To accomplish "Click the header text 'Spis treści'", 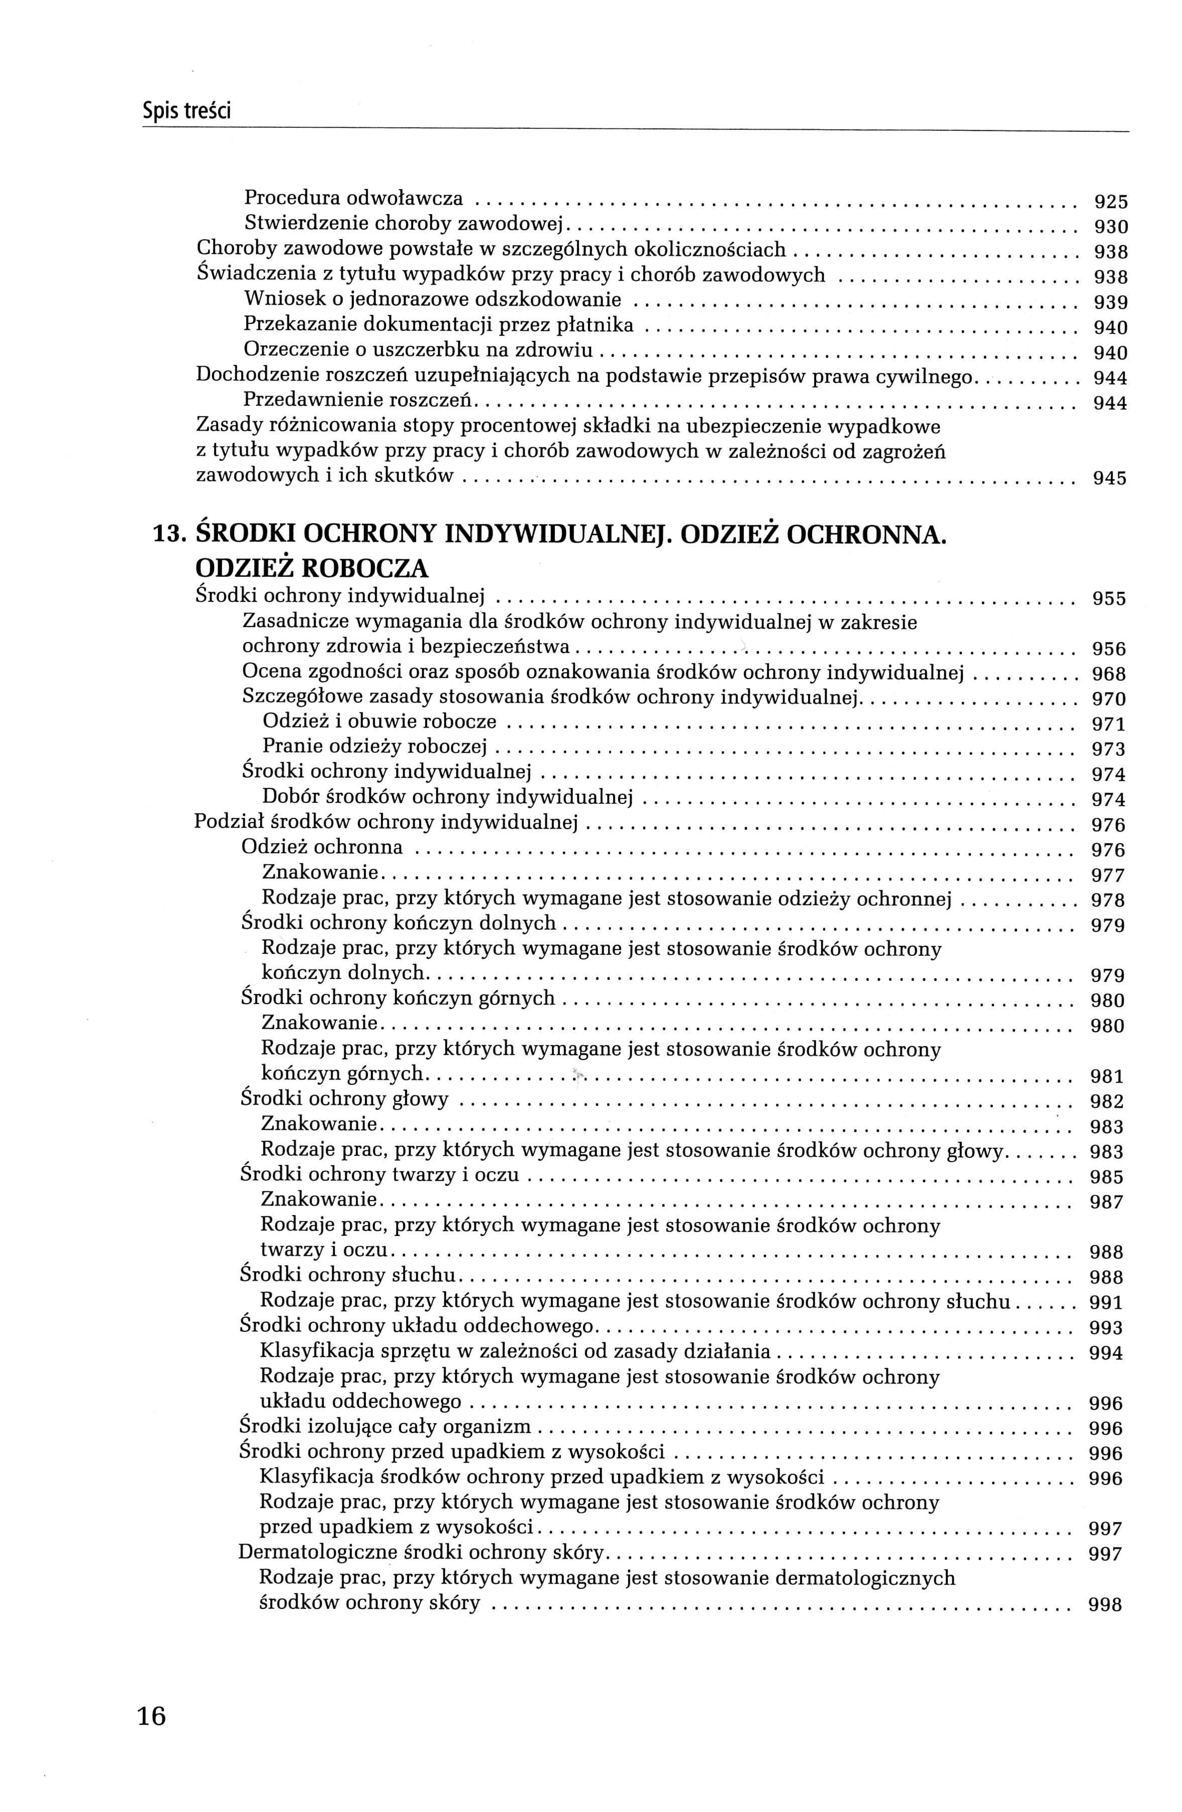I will [186, 112].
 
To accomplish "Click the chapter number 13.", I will [167, 534].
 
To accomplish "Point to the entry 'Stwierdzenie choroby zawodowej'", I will [402, 223].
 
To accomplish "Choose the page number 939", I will [1110, 302].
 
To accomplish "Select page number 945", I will [1109, 479].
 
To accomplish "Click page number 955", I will [1108, 598].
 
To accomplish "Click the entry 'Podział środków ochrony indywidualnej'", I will [386, 822].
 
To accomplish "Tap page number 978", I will [1108, 900].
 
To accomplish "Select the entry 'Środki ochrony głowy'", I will [345, 1099].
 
